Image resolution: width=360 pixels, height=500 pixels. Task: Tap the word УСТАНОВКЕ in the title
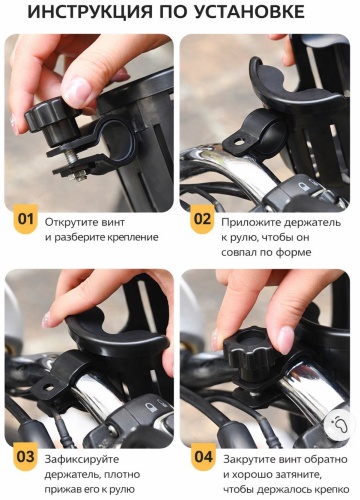click(x=249, y=12)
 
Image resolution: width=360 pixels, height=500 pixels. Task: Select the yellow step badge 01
click(x=26, y=219)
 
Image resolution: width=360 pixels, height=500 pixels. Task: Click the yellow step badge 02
click(x=202, y=219)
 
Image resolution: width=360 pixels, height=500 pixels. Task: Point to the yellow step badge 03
click(x=26, y=457)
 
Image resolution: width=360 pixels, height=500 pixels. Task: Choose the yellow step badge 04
click(x=203, y=457)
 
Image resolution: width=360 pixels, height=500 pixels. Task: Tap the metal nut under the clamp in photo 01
click(x=78, y=175)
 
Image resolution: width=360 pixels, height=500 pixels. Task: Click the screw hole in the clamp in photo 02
click(x=239, y=142)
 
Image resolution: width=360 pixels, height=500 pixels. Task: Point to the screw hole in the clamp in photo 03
click(x=49, y=387)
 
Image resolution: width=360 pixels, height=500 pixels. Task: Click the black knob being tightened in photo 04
click(x=249, y=353)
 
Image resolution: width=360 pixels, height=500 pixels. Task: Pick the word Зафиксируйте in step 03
click(x=82, y=460)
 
